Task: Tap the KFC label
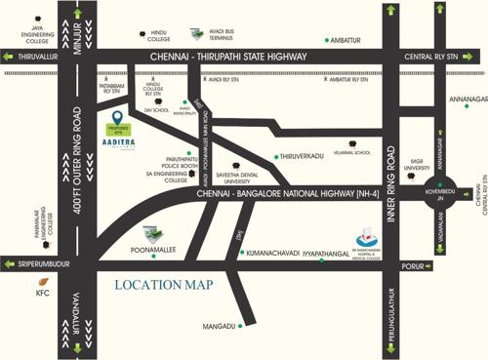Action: pyautogui.click(x=41, y=292)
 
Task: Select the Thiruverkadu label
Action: pyautogui.click(x=304, y=156)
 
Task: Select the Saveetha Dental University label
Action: pyautogui.click(x=244, y=177)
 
